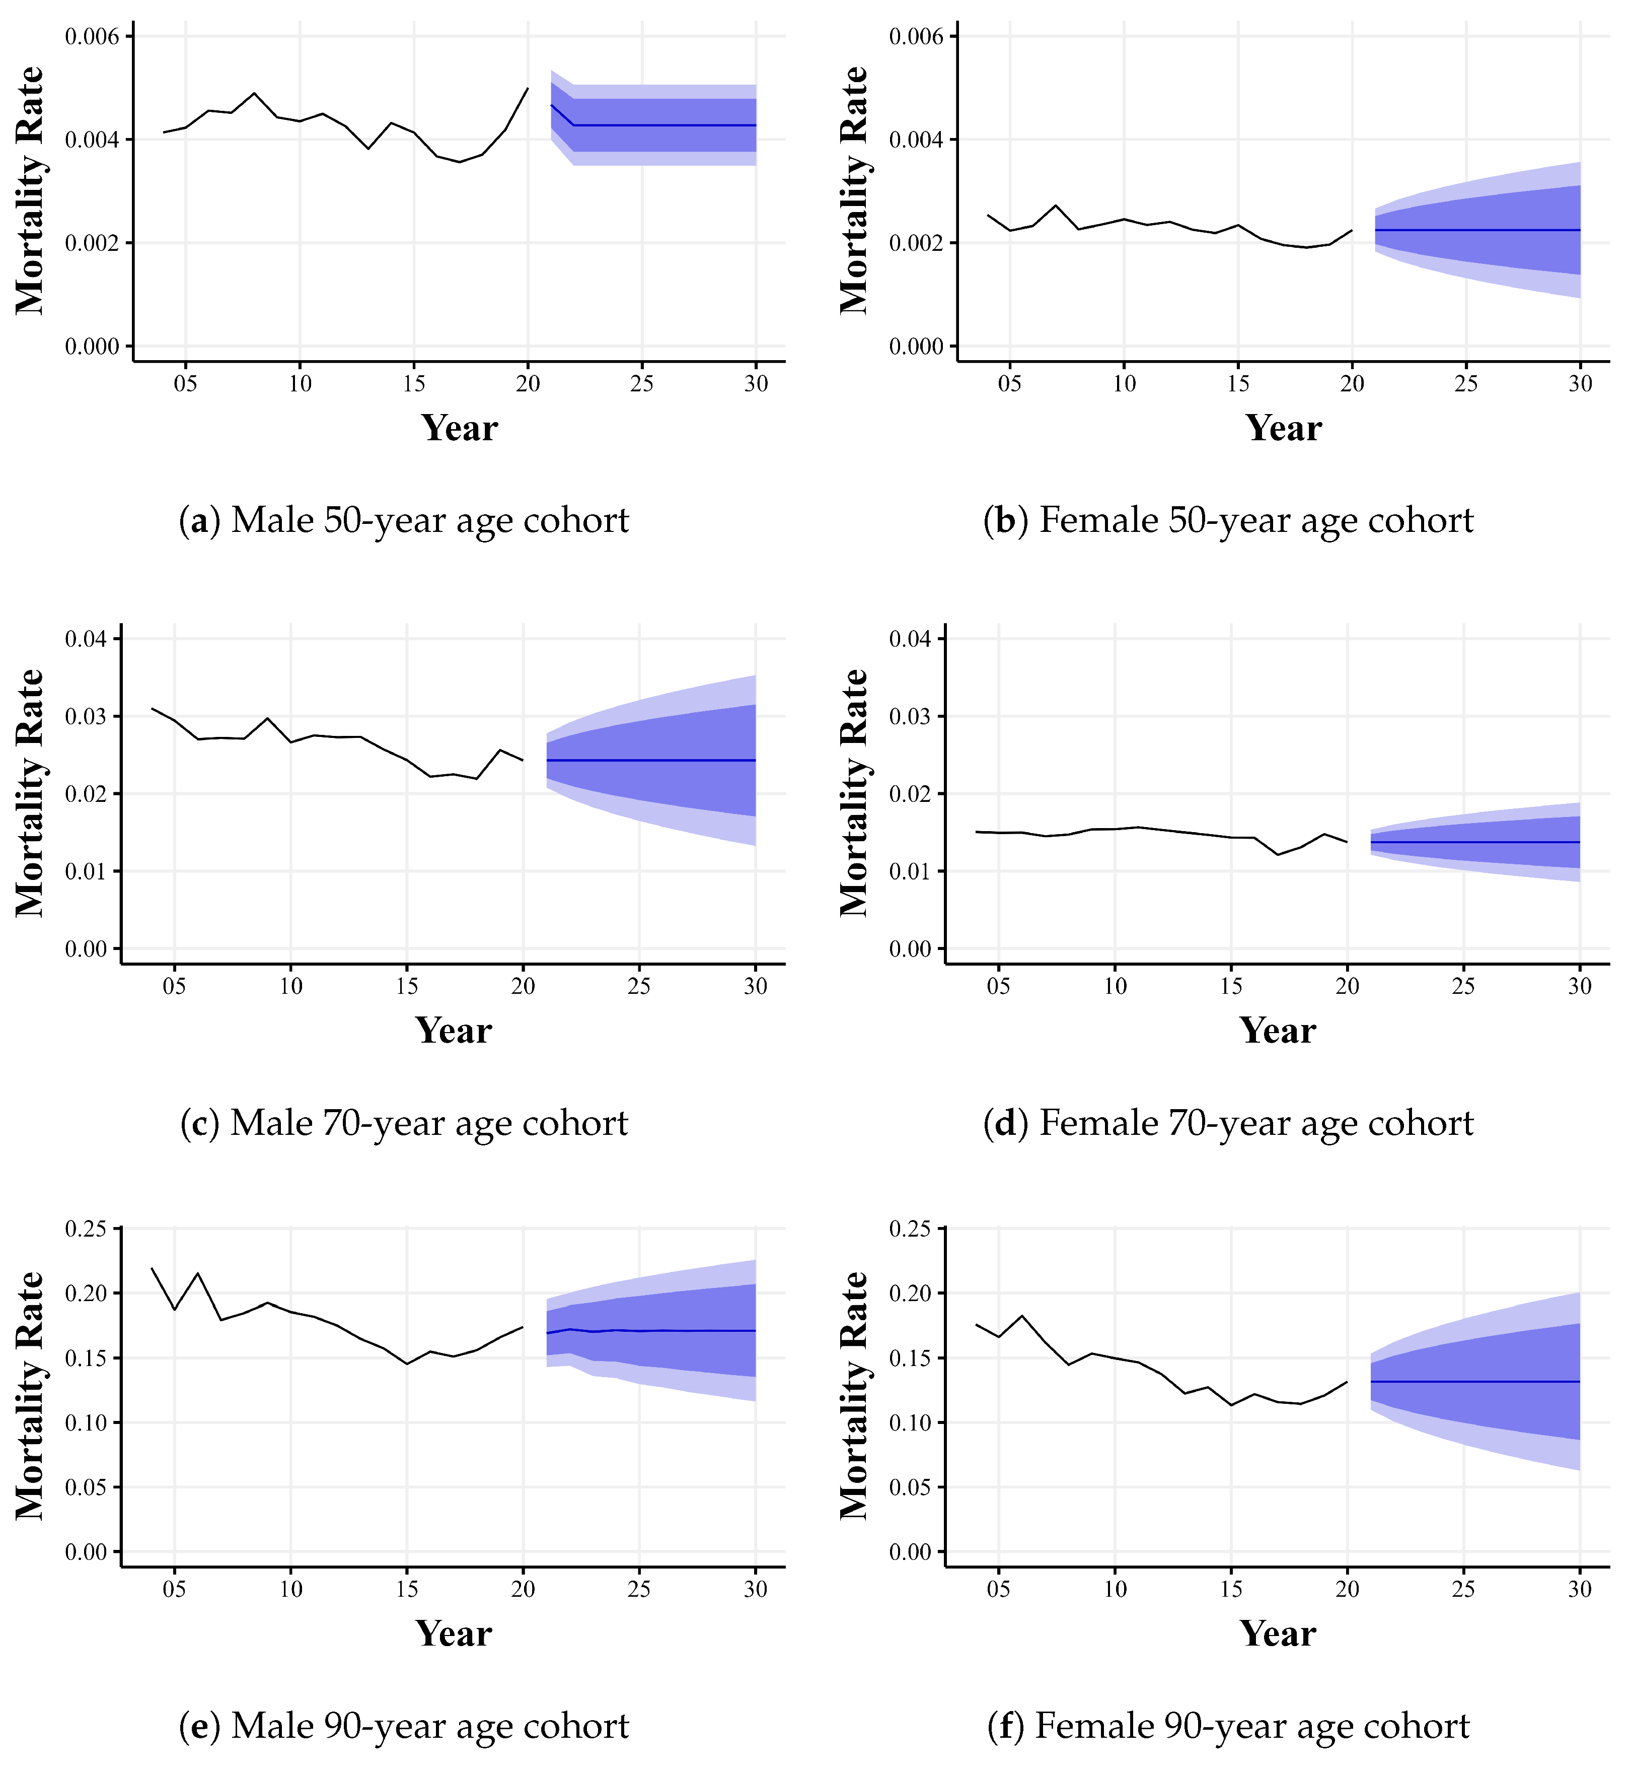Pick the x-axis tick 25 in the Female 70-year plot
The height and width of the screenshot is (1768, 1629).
1463,986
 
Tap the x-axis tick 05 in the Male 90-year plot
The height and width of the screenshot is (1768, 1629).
175,1589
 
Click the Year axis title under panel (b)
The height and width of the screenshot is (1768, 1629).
1284,429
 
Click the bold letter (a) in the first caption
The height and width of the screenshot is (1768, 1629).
200,520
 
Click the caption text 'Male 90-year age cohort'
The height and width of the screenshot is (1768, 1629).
430,1726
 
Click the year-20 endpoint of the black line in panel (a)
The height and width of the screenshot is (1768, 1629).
527,88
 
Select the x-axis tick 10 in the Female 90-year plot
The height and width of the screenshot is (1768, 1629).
1115,1589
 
